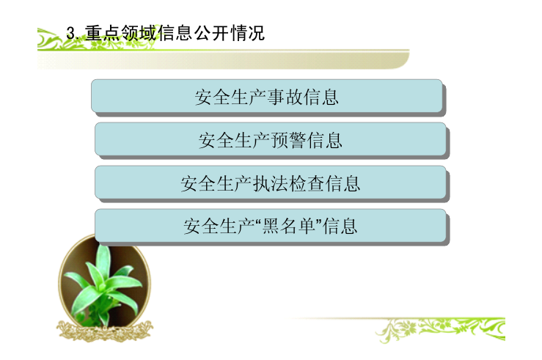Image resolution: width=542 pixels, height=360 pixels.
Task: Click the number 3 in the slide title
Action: (70, 34)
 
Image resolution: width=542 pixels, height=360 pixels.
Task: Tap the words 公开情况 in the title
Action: (230, 33)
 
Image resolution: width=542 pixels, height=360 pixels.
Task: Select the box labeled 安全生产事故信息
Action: (267, 96)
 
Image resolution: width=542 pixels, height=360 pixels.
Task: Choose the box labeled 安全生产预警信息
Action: (271, 139)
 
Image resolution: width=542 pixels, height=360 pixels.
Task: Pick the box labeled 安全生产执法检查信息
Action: (271, 183)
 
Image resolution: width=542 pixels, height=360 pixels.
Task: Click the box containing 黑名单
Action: (271, 226)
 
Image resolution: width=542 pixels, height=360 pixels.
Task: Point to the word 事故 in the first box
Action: (285, 97)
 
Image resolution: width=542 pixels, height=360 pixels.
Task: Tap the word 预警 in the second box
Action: (288, 140)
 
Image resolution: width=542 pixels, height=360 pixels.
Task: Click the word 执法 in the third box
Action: (271, 183)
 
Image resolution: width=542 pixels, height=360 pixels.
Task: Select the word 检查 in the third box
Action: (307, 183)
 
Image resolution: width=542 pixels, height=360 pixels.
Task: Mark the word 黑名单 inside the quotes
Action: (289, 227)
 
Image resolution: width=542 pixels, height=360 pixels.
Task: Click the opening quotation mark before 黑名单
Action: (259, 221)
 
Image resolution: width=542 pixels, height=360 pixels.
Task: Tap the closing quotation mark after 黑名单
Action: (318, 221)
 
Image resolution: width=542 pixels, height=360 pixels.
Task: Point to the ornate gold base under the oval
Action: (104, 331)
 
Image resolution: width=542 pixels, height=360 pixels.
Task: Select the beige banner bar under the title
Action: (223, 59)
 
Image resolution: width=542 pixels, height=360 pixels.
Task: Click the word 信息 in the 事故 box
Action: (321, 97)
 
